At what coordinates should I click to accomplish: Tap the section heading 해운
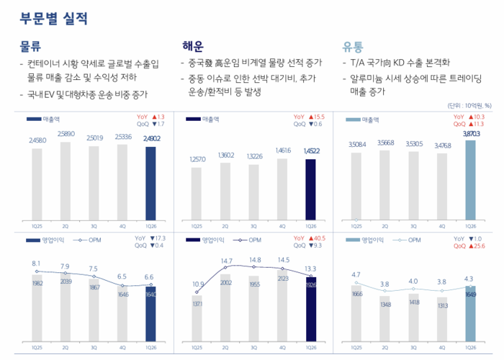(x=196, y=47)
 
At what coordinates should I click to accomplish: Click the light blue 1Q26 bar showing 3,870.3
(x=470, y=179)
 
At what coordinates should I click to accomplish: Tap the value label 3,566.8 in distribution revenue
(x=385, y=143)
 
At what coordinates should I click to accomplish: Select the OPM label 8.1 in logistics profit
(x=35, y=264)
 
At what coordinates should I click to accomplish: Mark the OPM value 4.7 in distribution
(x=356, y=274)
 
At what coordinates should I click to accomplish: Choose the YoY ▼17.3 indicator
(x=150, y=238)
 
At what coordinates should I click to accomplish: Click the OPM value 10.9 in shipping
(x=198, y=284)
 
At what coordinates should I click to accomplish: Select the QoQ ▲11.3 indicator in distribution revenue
(x=468, y=123)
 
